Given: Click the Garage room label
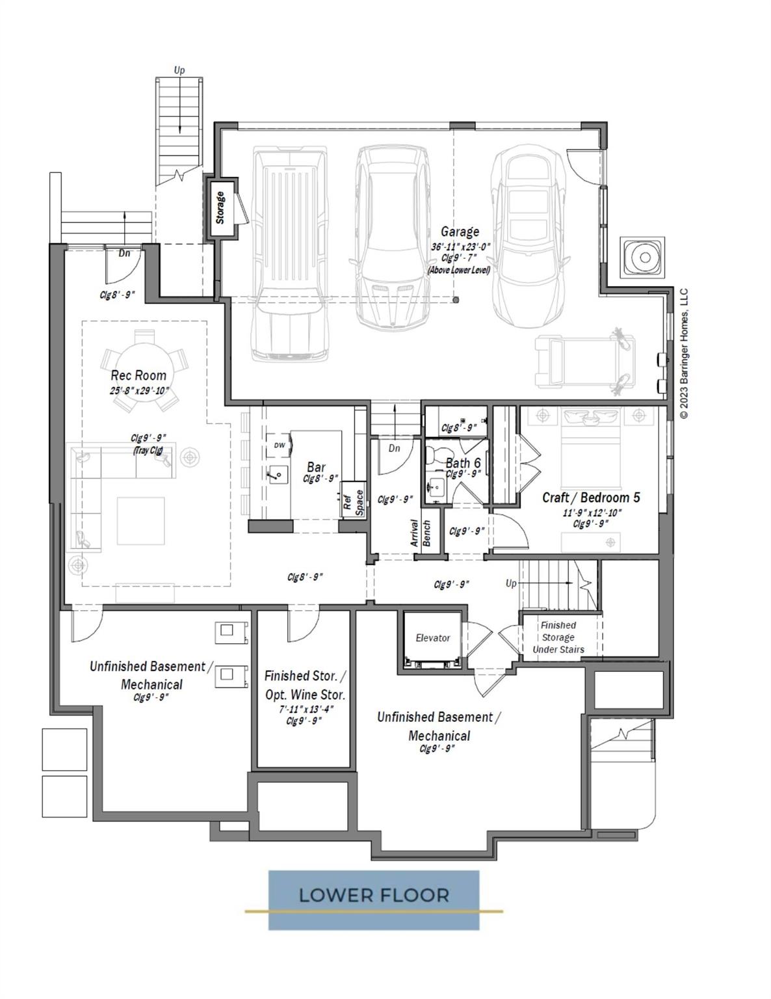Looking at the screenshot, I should (x=460, y=232).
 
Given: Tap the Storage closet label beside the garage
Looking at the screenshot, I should (x=220, y=207).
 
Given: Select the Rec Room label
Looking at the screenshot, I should (x=138, y=375).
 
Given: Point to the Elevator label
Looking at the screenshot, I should (x=432, y=638).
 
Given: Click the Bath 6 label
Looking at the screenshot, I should (x=463, y=463).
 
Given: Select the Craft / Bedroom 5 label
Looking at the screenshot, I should (x=591, y=498).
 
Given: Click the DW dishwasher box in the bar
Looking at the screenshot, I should (x=279, y=446).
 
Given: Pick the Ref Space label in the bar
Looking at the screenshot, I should (x=353, y=502).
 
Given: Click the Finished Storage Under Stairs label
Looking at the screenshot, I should (x=558, y=637).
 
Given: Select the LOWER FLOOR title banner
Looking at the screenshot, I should (x=374, y=896).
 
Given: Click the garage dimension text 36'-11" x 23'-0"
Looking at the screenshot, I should (x=460, y=247).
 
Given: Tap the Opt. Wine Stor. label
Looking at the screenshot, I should (x=305, y=695).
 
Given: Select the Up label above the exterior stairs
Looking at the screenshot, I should (x=179, y=70).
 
